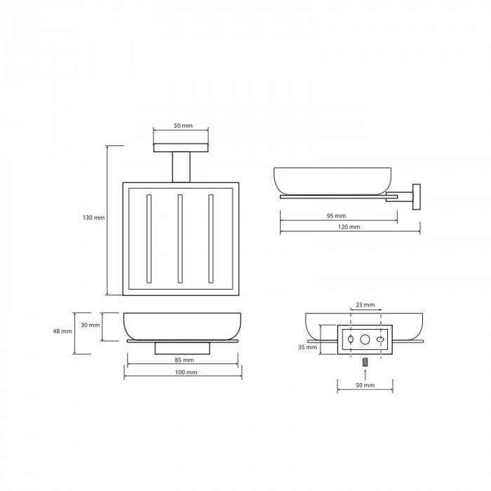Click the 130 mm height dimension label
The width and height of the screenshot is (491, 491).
(x=93, y=217)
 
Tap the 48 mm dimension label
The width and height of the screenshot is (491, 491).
(x=62, y=331)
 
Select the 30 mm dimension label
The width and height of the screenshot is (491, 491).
(x=90, y=325)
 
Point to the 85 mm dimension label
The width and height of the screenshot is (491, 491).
(x=184, y=360)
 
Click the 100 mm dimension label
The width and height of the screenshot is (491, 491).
(x=186, y=372)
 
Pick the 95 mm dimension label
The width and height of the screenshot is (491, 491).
(x=336, y=216)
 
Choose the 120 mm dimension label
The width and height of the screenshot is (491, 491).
(x=349, y=227)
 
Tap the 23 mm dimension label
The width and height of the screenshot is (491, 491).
(x=365, y=304)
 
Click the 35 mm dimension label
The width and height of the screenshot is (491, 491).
(x=307, y=347)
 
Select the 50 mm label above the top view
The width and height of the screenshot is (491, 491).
(x=183, y=126)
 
